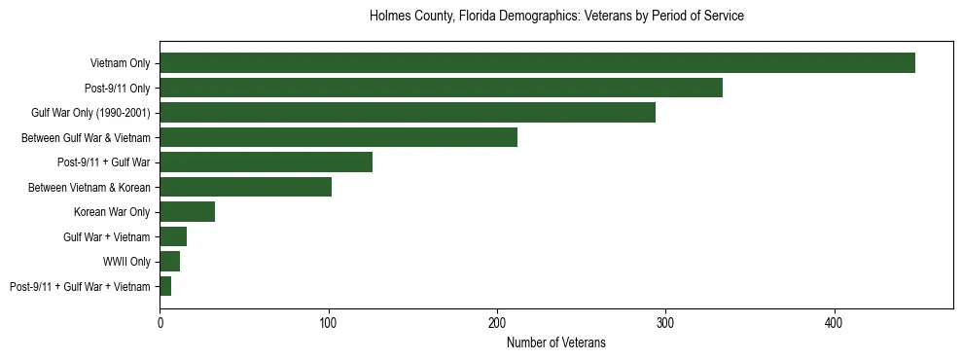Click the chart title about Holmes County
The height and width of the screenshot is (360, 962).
[556, 17]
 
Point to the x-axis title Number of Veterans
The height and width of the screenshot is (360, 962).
[556, 342]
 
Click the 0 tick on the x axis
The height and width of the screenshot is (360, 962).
[160, 322]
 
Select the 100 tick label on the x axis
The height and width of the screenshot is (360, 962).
[329, 322]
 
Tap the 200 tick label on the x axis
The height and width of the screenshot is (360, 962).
[497, 322]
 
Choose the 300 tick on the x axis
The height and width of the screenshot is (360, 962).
[665, 322]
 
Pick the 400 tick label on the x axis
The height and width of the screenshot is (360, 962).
[835, 322]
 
